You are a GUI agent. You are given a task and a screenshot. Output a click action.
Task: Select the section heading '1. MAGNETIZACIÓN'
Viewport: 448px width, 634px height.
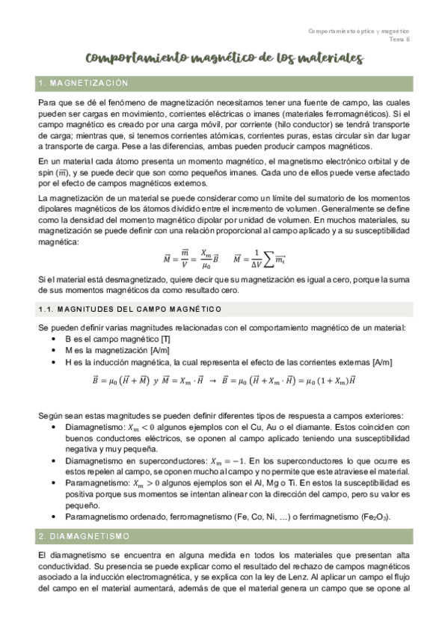[x=83, y=83]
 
